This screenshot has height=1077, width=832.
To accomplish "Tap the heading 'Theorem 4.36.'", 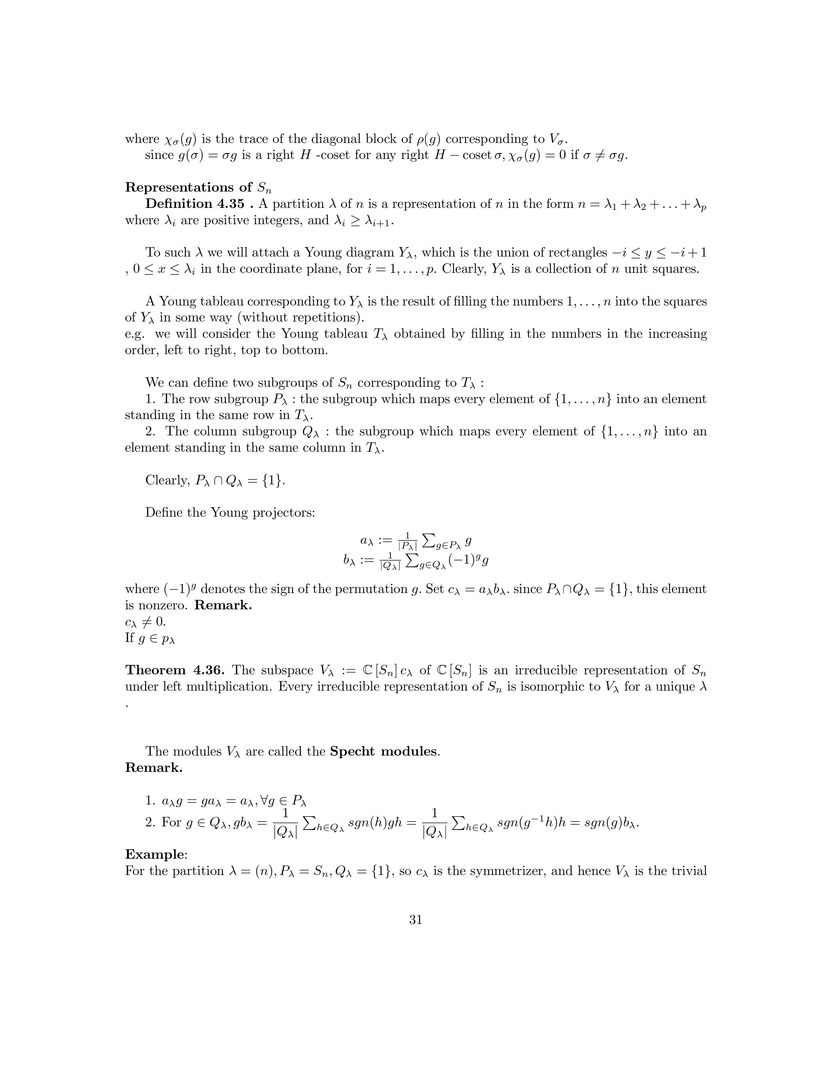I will pyautogui.click(x=175, y=670).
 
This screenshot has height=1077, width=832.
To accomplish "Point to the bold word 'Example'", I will pyautogui.click(x=155, y=854).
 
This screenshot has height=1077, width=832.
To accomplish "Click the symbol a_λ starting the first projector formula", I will pyautogui.click(x=367, y=541).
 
